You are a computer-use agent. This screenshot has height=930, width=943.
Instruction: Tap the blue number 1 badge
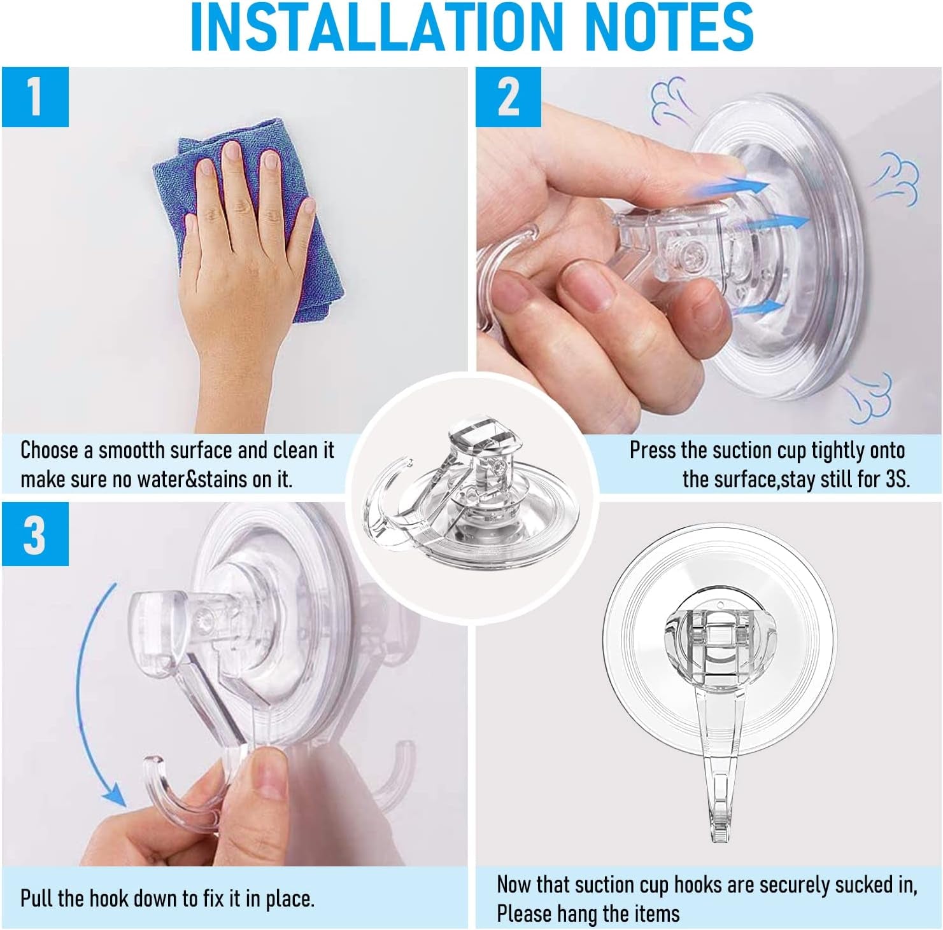[x=34, y=97]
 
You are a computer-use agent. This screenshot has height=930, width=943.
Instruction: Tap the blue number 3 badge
[x=34, y=534]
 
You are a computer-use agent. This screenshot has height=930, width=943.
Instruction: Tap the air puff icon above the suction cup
[x=669, y=95]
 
